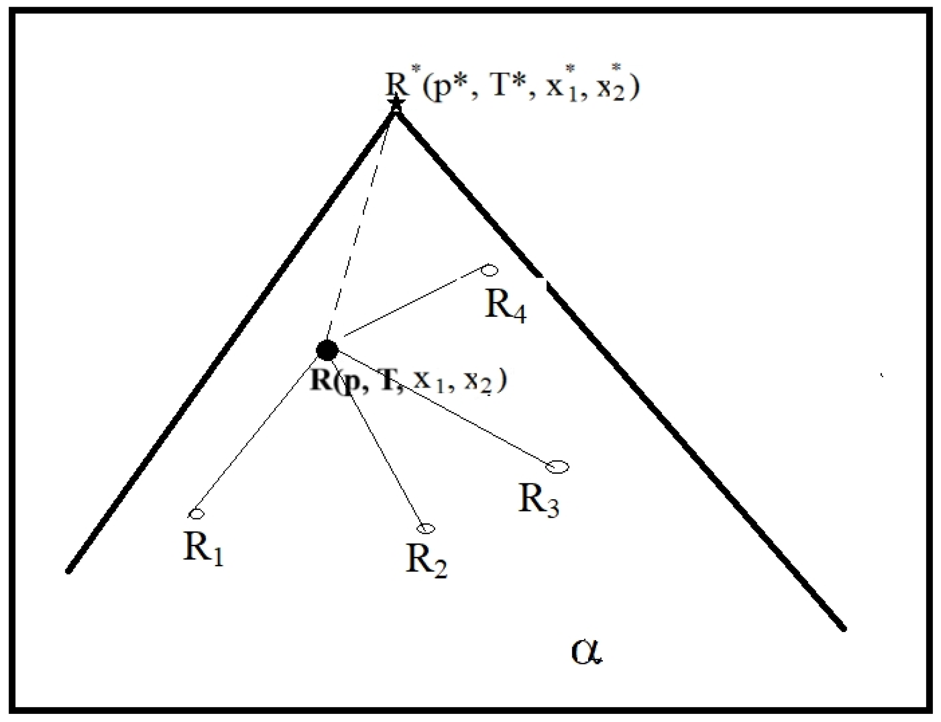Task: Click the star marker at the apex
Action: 396,103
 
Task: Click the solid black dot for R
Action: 327,350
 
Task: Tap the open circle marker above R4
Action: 490,270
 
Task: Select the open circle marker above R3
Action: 557,467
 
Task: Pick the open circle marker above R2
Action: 426,528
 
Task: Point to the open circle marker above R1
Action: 196,514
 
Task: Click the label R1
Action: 203,549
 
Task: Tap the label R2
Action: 426,561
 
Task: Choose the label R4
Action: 505,305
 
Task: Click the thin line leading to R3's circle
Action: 443,408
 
